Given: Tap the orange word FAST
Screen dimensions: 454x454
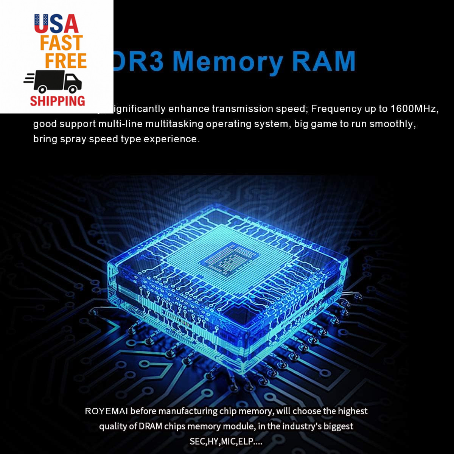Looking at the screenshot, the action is point(62,43).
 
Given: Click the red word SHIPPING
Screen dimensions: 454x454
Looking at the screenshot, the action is point(58,101).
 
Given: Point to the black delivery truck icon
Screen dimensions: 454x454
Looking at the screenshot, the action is point(53,82).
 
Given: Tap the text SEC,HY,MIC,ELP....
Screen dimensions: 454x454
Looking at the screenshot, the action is point(226,442).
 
